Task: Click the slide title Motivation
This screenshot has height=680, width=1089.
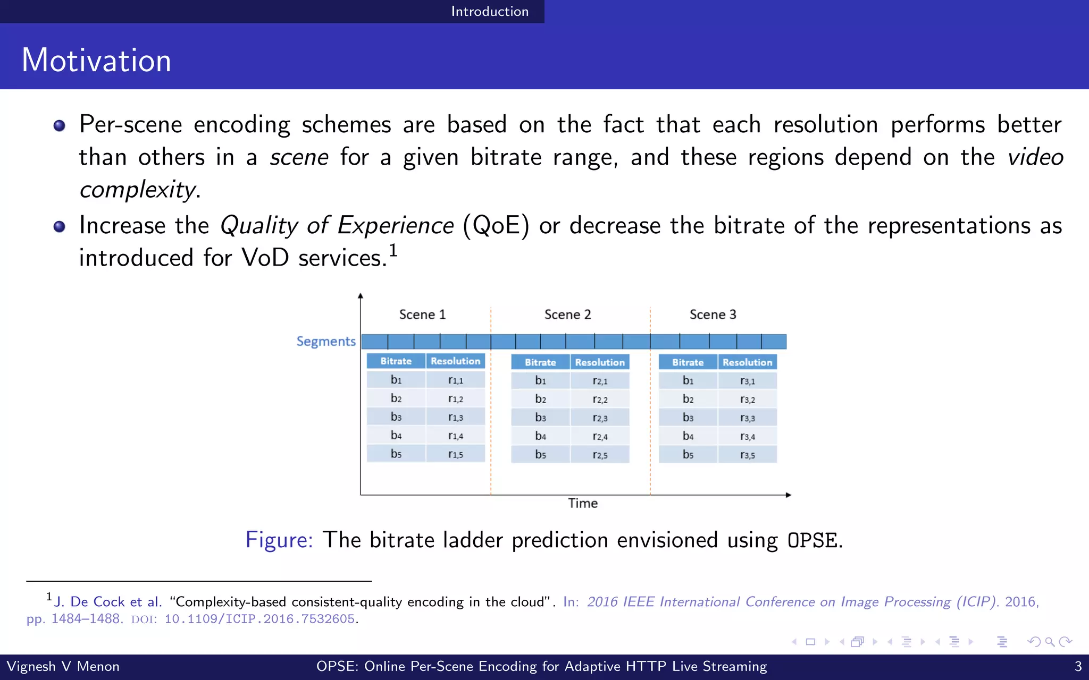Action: point(96,60)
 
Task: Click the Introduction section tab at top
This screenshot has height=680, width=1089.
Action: point(489,11)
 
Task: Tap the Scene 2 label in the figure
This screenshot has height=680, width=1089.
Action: point(567,314)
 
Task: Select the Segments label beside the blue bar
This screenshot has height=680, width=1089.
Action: point(325,341)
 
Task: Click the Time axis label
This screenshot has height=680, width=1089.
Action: point(582,503)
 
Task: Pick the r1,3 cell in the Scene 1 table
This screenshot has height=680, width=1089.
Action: point(455,417)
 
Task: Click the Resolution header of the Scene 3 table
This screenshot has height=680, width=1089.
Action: point(747,362)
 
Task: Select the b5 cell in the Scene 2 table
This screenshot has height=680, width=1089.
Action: point(540,454)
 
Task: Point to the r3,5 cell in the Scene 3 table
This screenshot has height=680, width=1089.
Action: point(747,455)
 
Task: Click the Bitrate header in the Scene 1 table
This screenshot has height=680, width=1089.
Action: point(396,361)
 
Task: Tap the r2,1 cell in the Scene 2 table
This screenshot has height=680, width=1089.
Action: point(600,380)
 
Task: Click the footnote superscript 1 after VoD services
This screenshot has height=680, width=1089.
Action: point(393,250)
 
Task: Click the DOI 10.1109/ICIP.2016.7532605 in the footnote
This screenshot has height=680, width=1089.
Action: point(259,619)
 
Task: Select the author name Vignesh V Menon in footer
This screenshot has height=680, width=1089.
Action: point(63,666)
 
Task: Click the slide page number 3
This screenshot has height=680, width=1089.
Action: point(1078,666)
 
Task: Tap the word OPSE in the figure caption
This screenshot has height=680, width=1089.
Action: point(812,540)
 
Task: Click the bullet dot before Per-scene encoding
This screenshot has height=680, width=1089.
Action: point(59,126)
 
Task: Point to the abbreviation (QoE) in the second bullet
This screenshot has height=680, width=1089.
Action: point(496,225)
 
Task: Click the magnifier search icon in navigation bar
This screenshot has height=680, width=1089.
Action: point(1050,642)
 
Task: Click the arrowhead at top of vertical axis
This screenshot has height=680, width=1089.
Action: point(361,296)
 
